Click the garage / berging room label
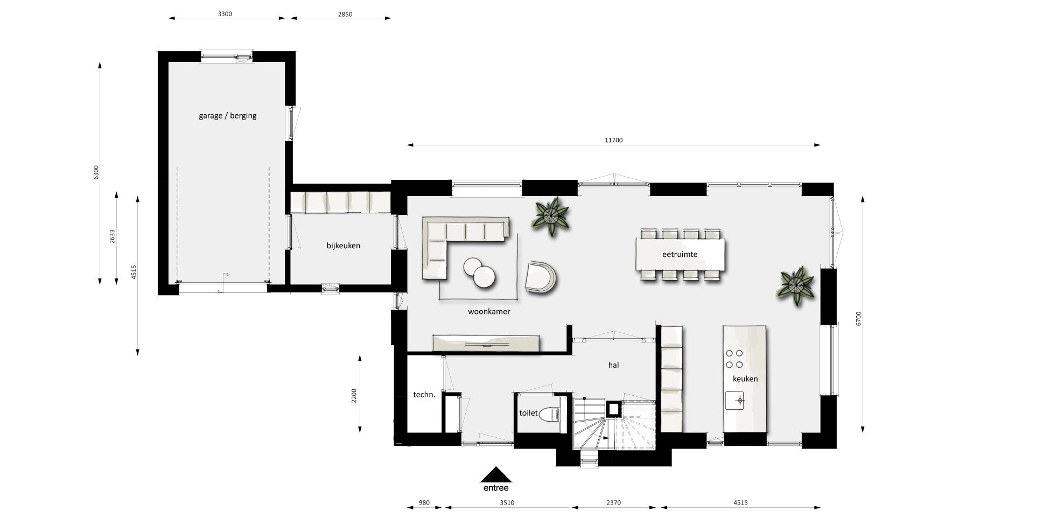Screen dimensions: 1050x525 coord(227,116)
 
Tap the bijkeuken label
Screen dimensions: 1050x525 coord(343,246)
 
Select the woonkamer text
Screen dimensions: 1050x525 coord(489,311)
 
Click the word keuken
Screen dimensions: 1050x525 coord(745,379)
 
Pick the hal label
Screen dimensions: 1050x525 coord(613,365)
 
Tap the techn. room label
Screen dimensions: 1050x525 coord(424,395)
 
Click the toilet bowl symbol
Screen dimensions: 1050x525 coord(550,414)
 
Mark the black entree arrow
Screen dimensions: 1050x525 coord(495,474)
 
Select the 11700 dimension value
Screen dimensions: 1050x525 coord(613,140)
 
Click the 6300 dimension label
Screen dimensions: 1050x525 coord(96,173)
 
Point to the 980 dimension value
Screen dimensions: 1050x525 coord(424,503)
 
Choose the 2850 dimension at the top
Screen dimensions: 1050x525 coord(345,15)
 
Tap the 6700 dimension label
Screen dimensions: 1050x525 coord(859,318)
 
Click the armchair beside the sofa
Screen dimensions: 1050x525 coord(541,277)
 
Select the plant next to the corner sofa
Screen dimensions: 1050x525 coord(551,216)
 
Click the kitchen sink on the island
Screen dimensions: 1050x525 coord(734,400)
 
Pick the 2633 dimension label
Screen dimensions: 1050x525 coord(113,236)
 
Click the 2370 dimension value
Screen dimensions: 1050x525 coord(613,503)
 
